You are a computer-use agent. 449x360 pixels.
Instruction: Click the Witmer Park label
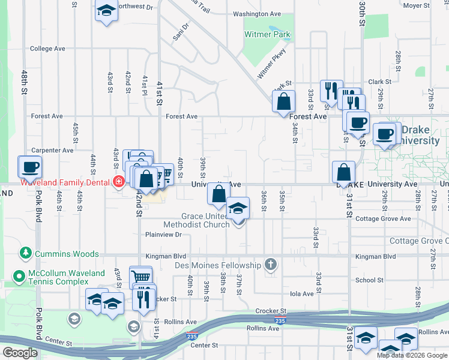click(267, 35)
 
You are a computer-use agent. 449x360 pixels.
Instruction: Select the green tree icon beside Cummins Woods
click(25, 254)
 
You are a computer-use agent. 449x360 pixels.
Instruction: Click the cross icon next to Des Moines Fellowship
click(271, 265)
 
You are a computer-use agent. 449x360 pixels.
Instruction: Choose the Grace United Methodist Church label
click(206, 220)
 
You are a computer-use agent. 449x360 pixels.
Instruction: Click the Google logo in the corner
click(20, 353)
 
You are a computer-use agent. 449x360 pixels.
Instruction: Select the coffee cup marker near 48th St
click(29, 167)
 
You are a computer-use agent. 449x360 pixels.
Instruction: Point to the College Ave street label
click(47, 49)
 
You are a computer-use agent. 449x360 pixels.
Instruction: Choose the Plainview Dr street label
click(163, 235)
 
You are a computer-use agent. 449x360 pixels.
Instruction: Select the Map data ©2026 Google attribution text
click(412, 355)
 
